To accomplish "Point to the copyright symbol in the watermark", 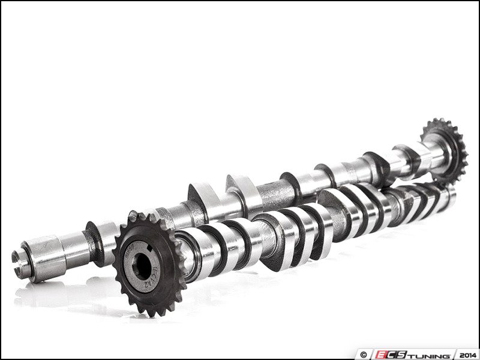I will click(x=362, y=353).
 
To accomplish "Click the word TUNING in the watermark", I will click(x=428, y=353).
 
